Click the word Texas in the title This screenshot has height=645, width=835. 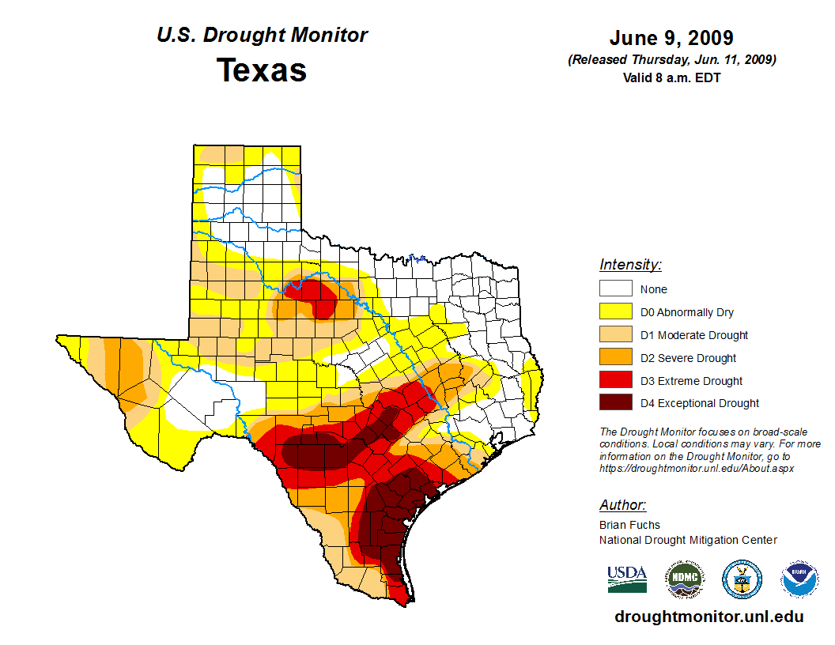coord(262,70)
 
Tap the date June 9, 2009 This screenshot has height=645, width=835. coord(671,38)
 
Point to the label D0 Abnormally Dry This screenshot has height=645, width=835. coord(687,312)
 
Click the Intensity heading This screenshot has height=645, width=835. coord(630,265)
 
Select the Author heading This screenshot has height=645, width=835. coord(622,505)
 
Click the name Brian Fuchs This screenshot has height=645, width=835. coord(629,525)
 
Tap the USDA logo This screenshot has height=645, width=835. coord(627,579)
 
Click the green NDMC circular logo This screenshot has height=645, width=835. coord(685,579)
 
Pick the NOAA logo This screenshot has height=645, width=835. coord(799,579)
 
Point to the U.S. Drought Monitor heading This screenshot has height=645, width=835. coord(262,36)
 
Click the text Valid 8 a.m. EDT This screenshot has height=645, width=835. coord(671,77)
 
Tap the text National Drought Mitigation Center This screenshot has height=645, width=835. coord(688,540)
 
